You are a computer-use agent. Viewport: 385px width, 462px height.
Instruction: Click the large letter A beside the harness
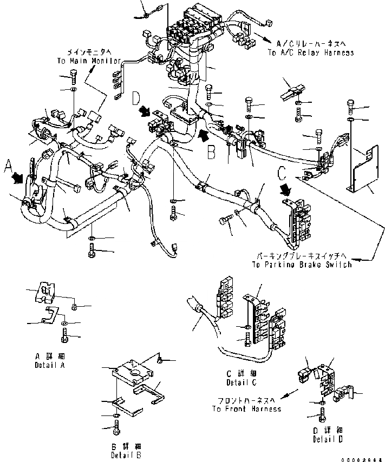pos(8,166)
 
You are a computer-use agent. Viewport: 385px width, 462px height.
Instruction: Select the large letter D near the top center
pos(136,98)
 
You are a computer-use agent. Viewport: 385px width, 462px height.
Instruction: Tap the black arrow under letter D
pos(145,111)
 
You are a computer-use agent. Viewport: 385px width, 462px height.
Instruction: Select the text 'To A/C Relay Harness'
pos(311,53)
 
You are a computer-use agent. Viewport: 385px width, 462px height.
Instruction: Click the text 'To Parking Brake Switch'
pos(302,265)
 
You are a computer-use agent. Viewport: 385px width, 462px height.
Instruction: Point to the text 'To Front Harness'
pos(246,409)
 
